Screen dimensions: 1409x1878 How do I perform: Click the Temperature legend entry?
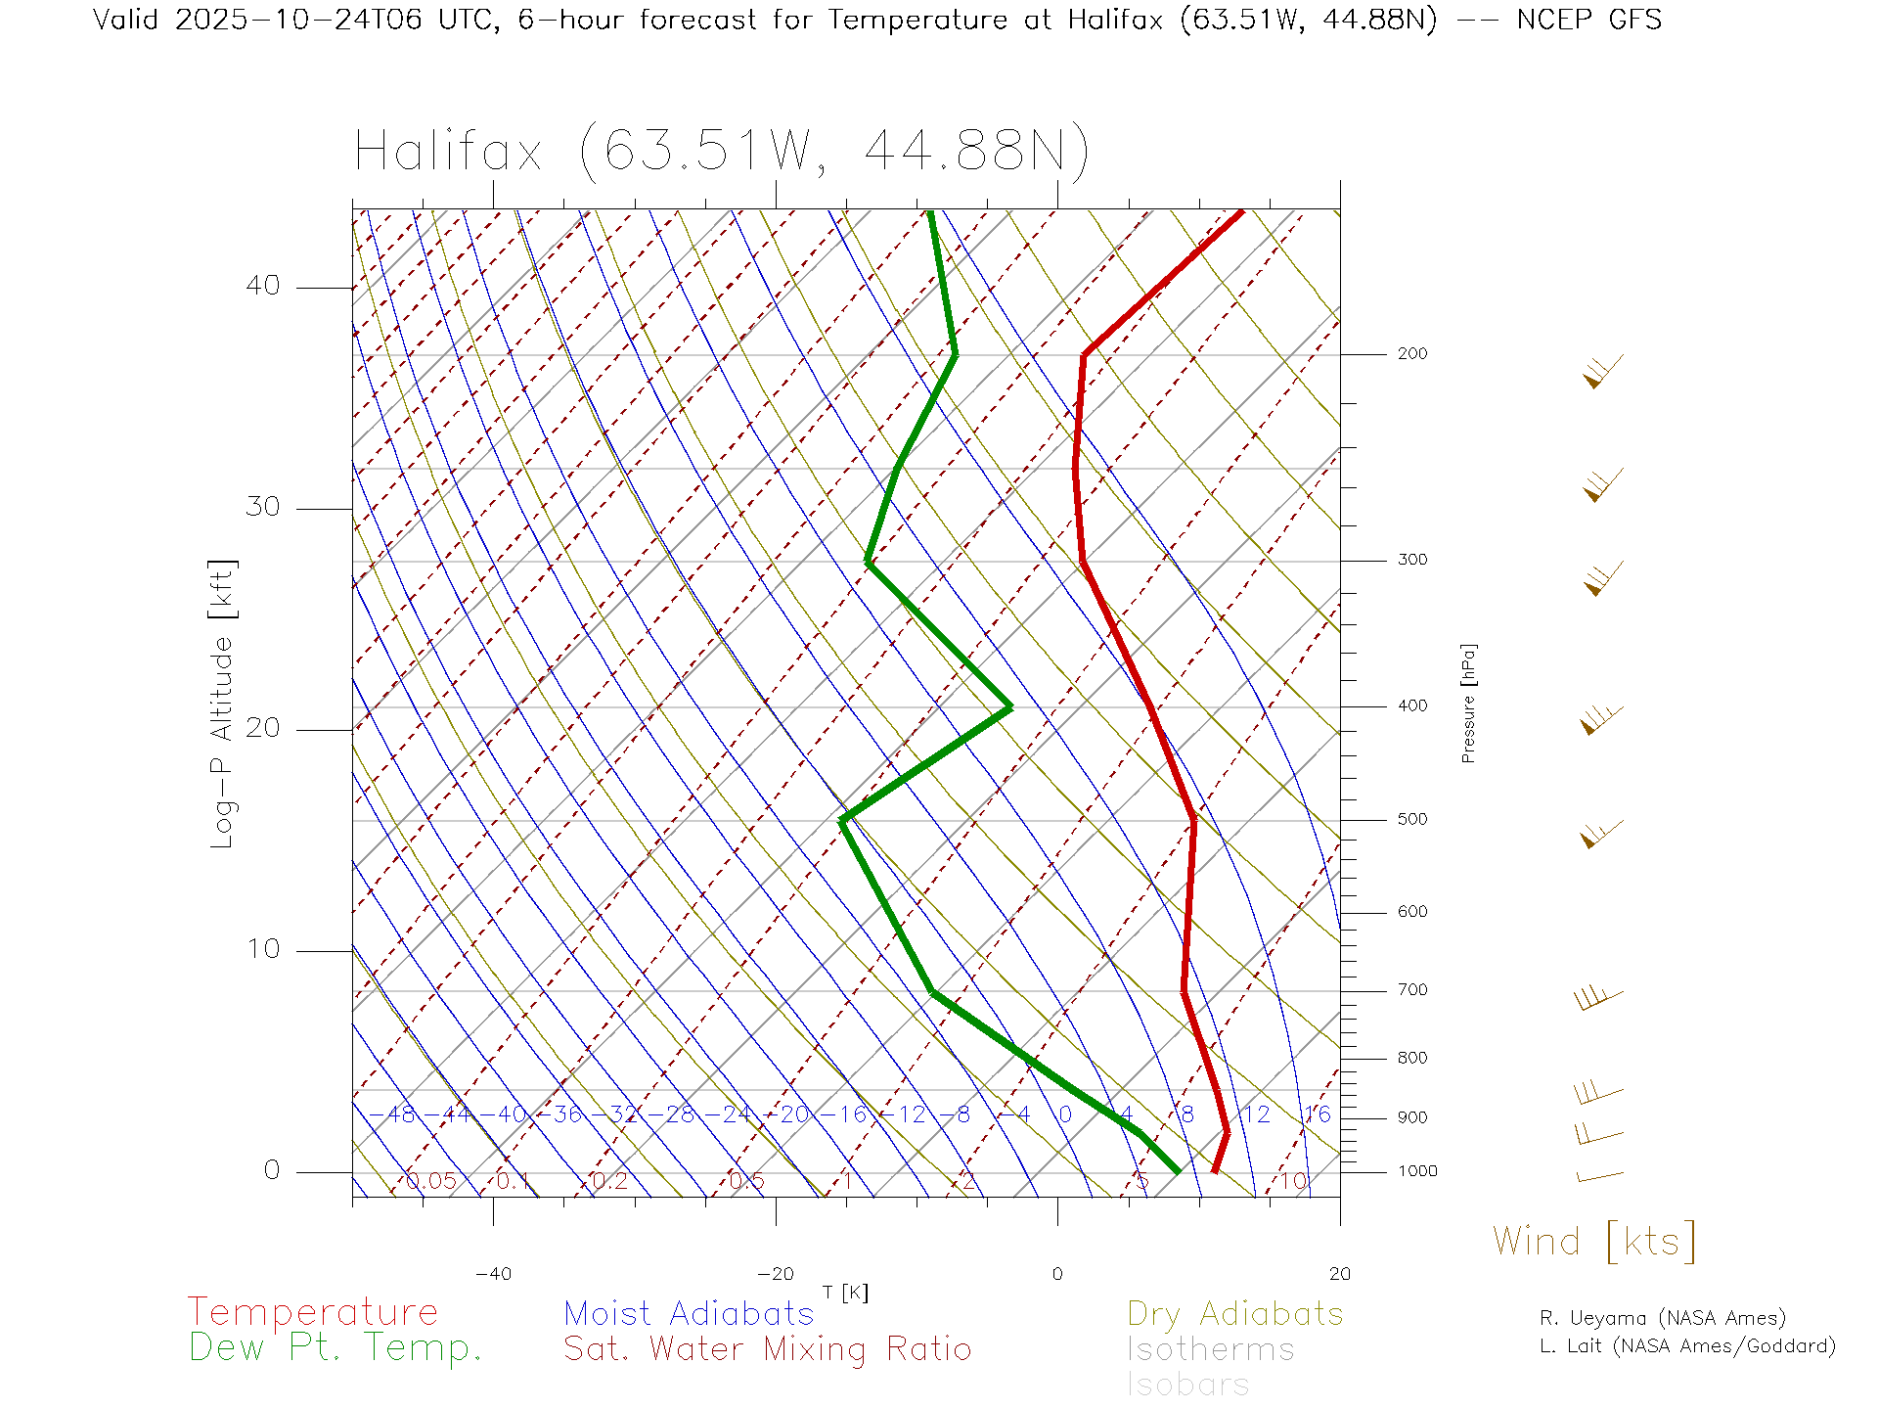[x=312, y=1311]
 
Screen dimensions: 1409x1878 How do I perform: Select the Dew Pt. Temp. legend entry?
[x=335, y=1348]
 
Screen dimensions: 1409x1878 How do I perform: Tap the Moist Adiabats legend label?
[x=689, y=1313]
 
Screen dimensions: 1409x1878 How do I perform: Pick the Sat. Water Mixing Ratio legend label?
[x=767, y=1349]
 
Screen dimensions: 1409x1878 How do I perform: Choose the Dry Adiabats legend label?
[x=1234, y=1313]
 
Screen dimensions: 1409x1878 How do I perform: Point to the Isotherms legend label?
[x=1210, y=1349]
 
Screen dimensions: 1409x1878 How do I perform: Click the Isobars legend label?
[x=1187, y=1385]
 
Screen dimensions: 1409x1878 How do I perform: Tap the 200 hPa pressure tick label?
[x=1412, y=354]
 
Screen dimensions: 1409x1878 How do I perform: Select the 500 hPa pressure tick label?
[x=1412, y=820]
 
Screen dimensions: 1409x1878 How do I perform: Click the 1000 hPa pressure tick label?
[x=1417, y=1171]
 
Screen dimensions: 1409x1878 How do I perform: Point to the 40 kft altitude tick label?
[x=262, y=286]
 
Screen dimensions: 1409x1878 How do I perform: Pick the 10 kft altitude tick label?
[x=262, y=949]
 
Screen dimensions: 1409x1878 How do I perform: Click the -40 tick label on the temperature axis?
[x=493, y=1274]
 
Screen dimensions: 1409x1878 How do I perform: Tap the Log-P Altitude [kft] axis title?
[x=223, y=704]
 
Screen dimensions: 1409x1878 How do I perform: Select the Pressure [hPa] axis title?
[x=1468, y=704]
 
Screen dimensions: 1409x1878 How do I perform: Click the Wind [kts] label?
[x=1594, y=1242]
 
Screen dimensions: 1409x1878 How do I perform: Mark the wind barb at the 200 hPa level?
[x=1601, y=372]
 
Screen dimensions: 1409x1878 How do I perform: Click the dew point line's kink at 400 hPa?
[x=1009, y=706]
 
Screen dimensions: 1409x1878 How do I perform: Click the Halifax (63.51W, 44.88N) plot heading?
[x=722, y=152]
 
